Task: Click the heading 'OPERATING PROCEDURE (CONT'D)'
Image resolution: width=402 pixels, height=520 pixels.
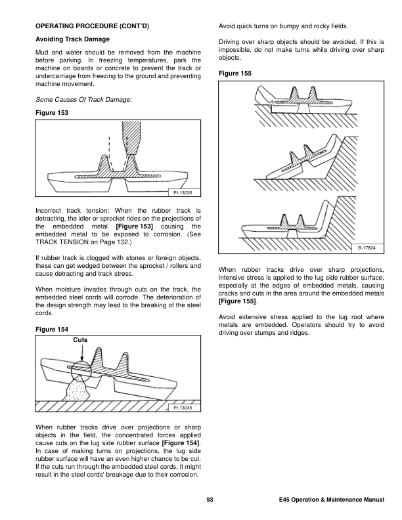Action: coord(92,27)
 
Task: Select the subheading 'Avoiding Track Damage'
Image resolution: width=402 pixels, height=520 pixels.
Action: coord(72,39)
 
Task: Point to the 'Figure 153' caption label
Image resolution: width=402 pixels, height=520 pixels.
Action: coord(51,112)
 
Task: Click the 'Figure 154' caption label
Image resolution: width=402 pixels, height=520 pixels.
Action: coord(51,328)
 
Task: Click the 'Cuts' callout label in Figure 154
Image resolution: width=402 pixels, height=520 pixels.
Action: coord(81,339)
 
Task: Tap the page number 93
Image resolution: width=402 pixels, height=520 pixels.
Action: coord(210,502)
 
